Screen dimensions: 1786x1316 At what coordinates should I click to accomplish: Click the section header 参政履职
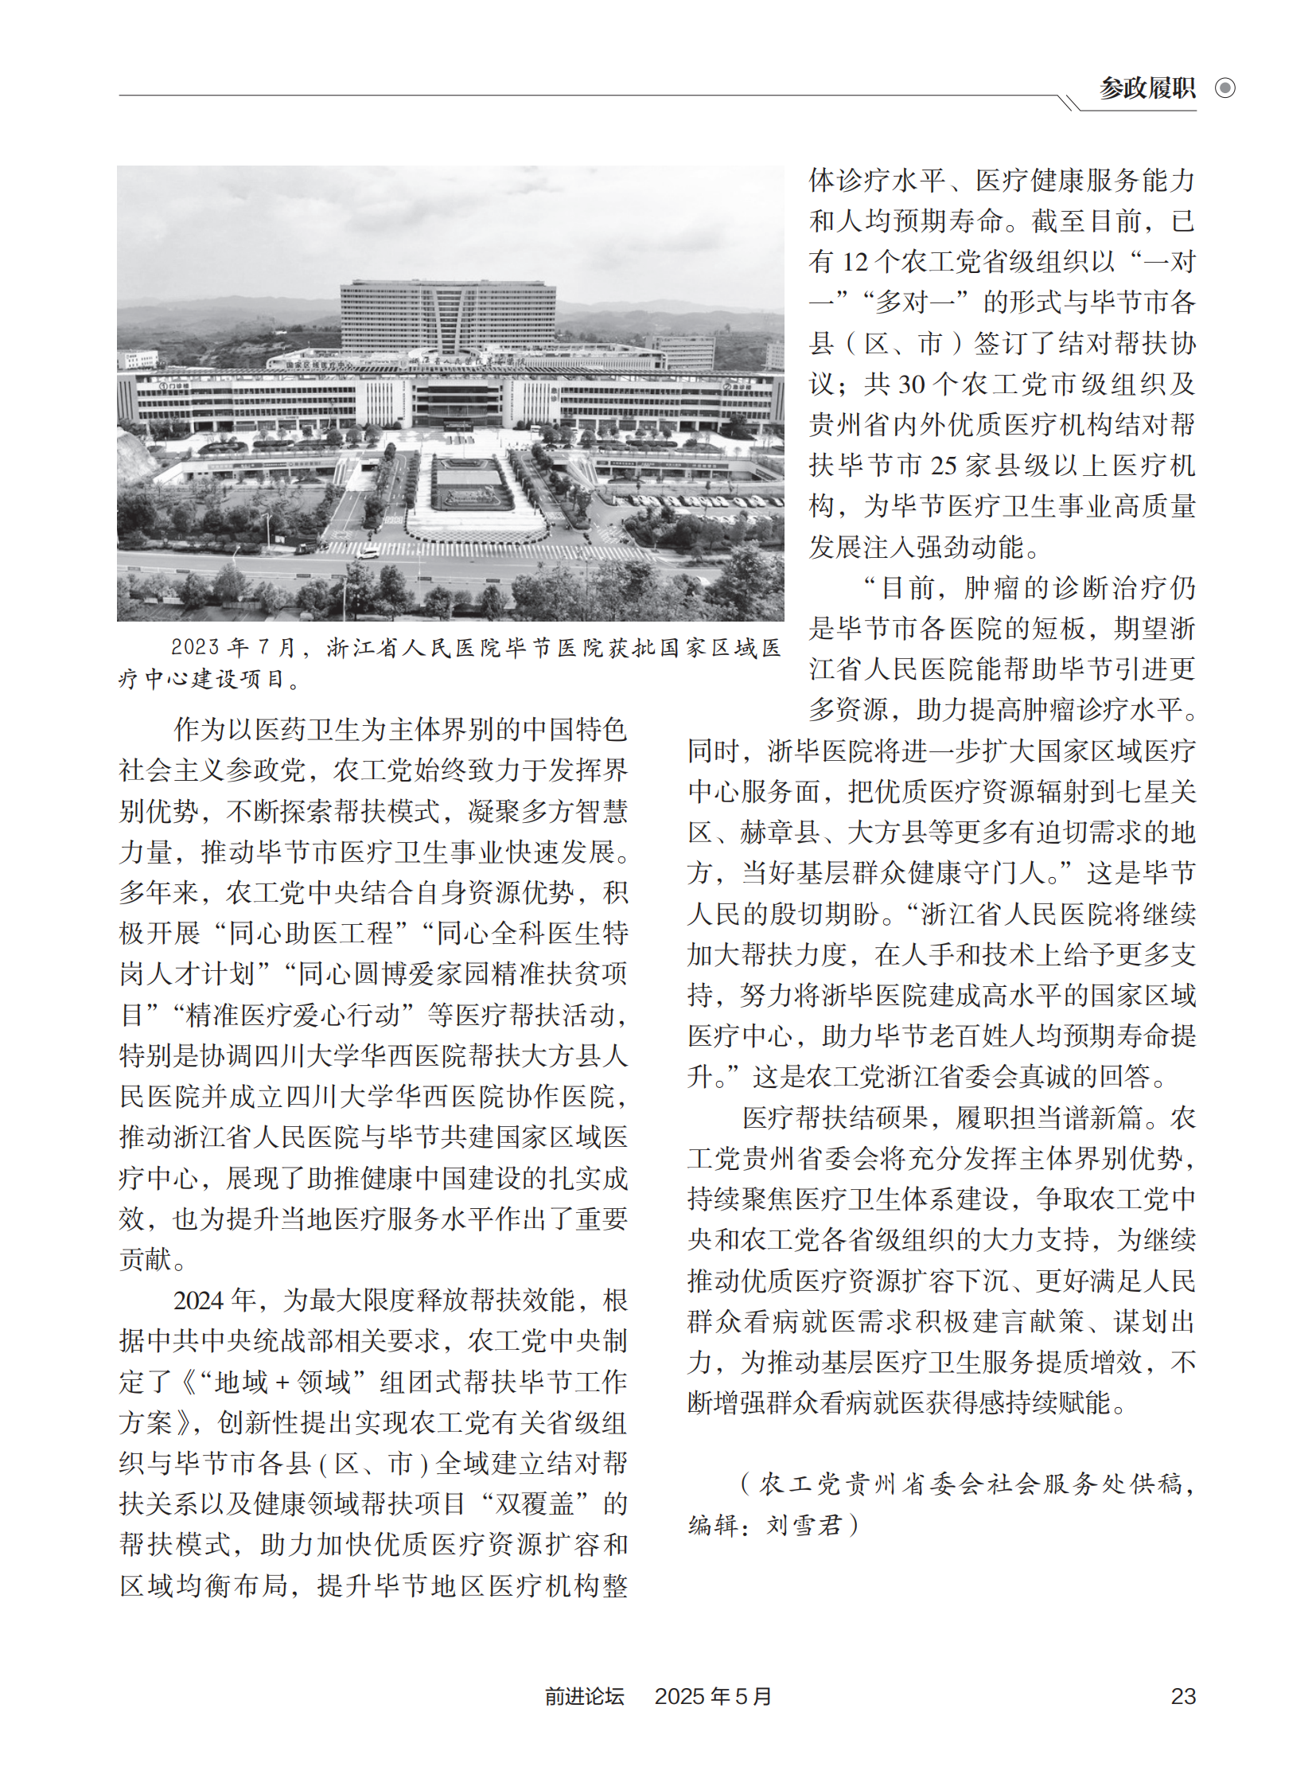tap(1147, 88)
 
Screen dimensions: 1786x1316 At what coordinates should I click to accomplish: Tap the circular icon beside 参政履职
tap(1225, 88)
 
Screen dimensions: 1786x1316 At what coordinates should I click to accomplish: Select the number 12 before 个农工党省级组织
tap(855, 262)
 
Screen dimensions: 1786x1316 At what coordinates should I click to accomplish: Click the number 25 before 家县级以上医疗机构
tap(944, 466)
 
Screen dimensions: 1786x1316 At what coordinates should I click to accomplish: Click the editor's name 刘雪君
tap(804, 1525)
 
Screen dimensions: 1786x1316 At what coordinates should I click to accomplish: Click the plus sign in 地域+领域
tap(282, 1382)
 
